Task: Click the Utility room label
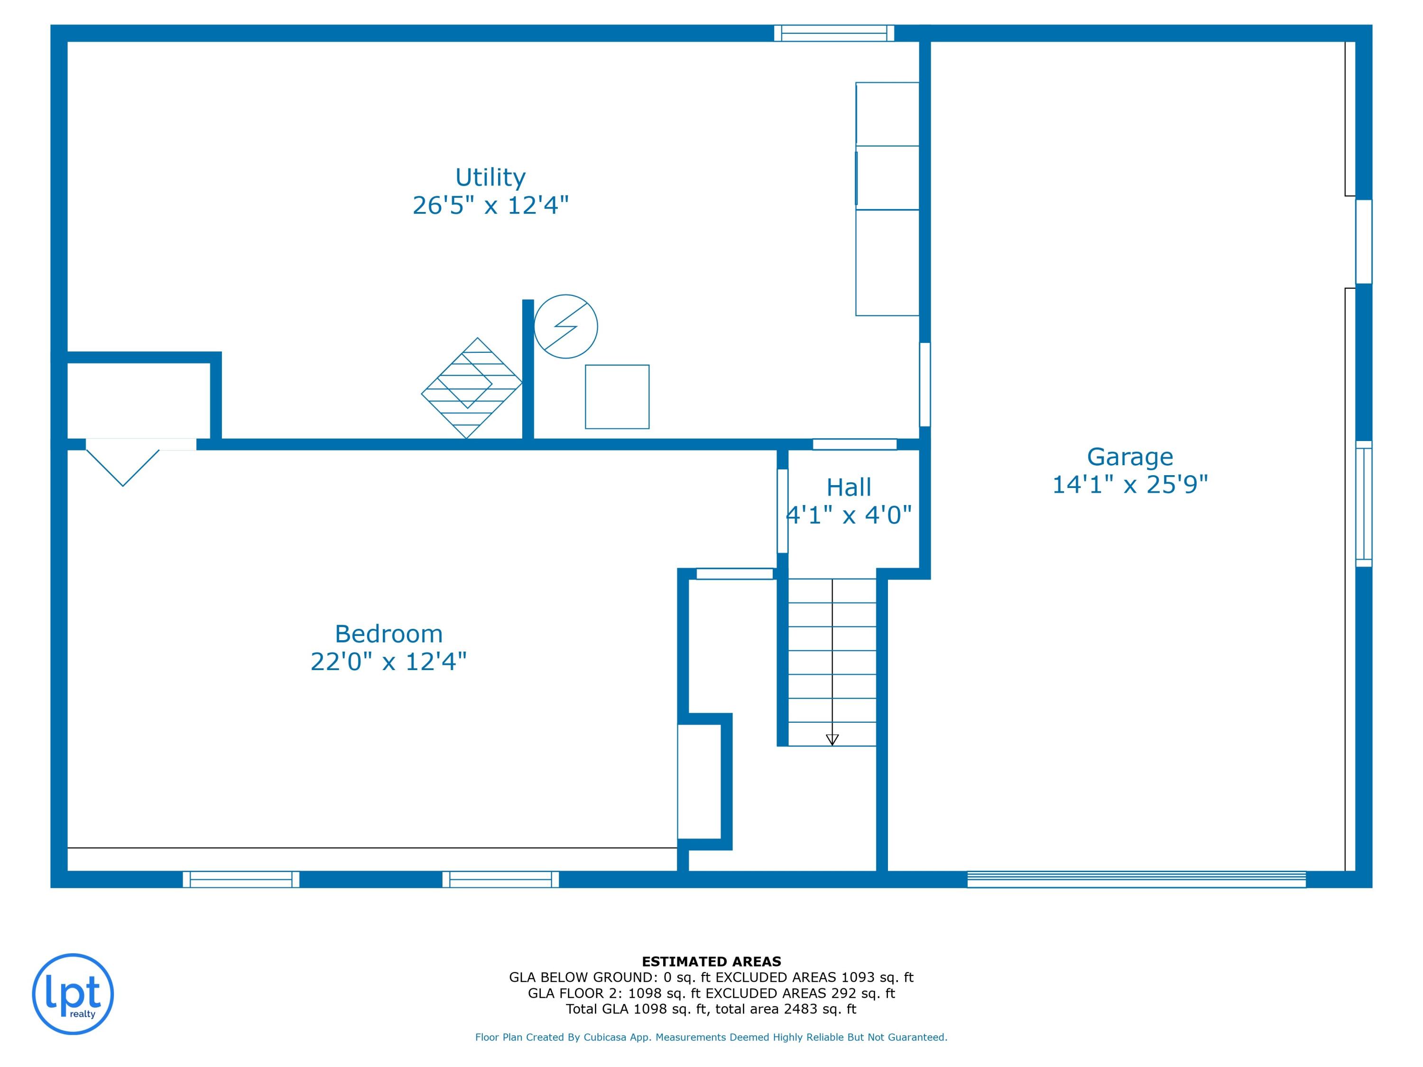click(x=490, y=177)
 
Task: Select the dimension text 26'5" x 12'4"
click(x=490, y=206)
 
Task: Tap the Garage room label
click(x=1130, y=457)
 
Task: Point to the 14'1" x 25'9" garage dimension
click(x=1130, y=484)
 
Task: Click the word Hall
click(x=849, y=488)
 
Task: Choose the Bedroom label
click(x=388, y=634)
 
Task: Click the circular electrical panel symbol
click(x=565, y=327)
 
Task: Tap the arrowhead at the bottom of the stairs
click(x=832, y=740)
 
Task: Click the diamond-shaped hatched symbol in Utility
click(x=471, y=388)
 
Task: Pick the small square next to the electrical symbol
click(x=617, y=397)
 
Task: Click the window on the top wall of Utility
click(x=834, y=34)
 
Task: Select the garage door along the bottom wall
click(x=1136, y=879)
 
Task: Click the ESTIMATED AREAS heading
click(x=711, y=962)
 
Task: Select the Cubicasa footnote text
click(x=711, y=1037)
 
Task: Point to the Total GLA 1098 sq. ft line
click(x=711, y=1009)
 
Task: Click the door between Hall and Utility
click(x=854, y=444)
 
